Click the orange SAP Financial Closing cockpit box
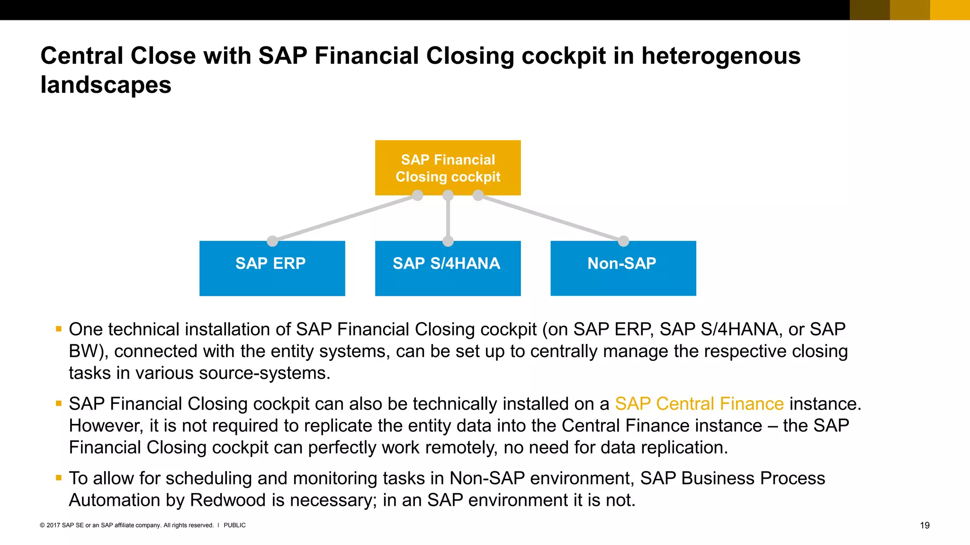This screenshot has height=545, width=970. click(448, 167)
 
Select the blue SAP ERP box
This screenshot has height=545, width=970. click(272, 268)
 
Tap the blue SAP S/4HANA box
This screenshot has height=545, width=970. click(448, 268)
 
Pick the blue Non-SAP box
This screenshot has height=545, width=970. click(623, 268)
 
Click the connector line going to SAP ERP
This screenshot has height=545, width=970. click(345, 218)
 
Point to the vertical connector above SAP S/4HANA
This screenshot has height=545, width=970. click(448, 218)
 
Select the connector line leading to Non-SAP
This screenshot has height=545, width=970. click(551, 218)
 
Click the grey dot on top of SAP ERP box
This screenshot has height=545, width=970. click(272, 241)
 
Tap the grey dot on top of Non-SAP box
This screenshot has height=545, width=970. click(623, 241)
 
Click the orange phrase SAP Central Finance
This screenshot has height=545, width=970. click(699, 404)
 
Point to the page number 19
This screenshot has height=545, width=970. click(925, 525)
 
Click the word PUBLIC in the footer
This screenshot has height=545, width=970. click(234, 525)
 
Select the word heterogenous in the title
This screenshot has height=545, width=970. click(721, 56)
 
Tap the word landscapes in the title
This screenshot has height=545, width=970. click(106, 85)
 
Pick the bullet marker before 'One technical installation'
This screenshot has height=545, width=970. click(59, 329)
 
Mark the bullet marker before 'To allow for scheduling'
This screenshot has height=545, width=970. click(59, 478)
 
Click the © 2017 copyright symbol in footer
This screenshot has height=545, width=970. click(42, 525)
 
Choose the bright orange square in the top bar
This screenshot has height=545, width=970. click(950, 10)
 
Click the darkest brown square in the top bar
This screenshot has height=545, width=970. click(870, 10)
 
